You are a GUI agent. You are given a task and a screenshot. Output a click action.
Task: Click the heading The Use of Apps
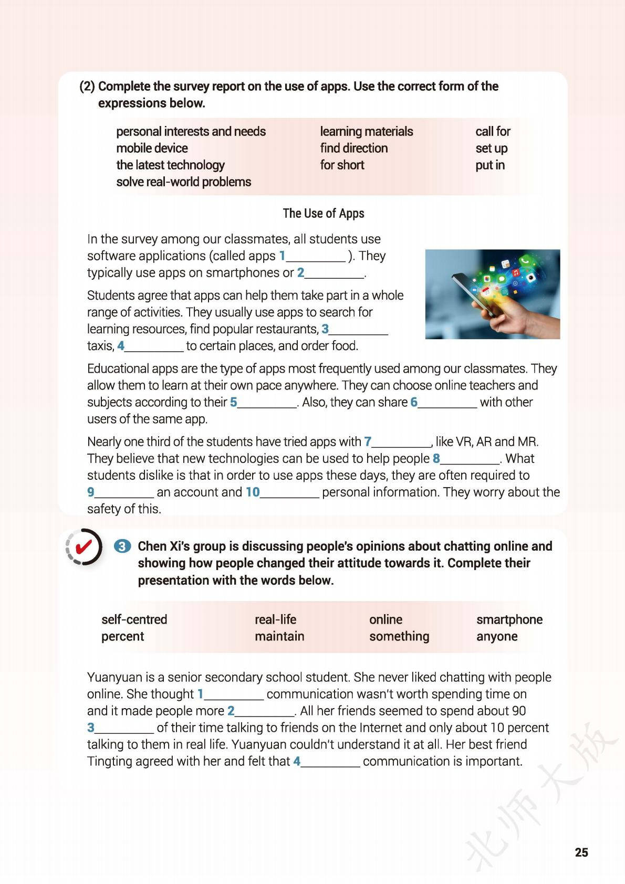(323, 213)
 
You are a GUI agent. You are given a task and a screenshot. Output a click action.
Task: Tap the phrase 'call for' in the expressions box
(493, 131)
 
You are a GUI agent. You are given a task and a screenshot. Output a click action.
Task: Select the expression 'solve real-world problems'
(183, 182)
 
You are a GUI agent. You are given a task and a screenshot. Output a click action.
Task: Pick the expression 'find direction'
(353, 148)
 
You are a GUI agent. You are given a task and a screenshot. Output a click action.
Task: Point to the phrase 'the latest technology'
(170, 165)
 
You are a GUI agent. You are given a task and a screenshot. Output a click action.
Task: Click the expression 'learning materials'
(366, 131)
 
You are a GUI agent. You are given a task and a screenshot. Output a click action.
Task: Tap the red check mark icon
(84, 547)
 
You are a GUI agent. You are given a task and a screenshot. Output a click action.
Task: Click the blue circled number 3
(122, 546)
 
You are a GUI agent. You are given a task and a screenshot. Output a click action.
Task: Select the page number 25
(581, 852)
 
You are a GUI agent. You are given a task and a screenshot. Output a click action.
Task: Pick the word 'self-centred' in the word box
(134, 619)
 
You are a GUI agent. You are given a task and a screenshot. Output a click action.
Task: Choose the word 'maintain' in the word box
(279, 636)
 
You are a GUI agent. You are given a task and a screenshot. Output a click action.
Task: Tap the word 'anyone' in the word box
(497, 636)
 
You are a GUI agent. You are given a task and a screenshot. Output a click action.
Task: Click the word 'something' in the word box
(399, 636)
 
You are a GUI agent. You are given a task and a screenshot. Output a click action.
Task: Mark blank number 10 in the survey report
(289, 493)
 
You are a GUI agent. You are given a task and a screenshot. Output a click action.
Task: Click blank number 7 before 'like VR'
(401, 443)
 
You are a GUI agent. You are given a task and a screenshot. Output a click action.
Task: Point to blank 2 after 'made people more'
(265, 712)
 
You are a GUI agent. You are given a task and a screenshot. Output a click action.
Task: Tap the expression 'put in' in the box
(489, 165)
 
